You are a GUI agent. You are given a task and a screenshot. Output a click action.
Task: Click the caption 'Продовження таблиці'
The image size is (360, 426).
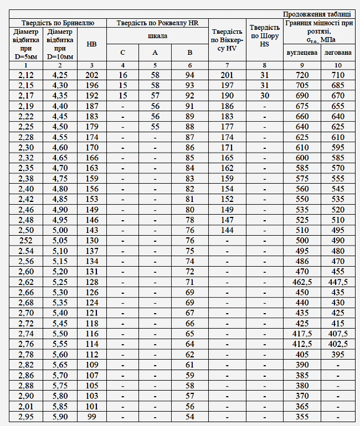point(316,14)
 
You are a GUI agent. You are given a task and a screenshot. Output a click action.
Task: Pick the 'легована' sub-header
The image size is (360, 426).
point(338,53)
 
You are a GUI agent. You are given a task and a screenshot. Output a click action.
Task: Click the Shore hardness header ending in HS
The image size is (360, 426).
point(265,35)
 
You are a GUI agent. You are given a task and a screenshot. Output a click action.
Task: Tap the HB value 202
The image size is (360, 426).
point(92,75)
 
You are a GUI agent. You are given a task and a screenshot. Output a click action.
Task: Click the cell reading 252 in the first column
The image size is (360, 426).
point(25,240)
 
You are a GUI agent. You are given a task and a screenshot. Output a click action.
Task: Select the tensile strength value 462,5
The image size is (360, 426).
point(302,282)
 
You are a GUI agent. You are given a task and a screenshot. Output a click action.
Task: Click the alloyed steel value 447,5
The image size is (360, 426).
point(338,282)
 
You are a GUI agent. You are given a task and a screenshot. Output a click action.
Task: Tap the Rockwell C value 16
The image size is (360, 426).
point(123,75)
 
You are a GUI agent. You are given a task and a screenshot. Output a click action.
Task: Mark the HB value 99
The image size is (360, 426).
point(92,417)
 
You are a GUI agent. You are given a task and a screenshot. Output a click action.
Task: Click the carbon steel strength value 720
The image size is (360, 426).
point(302,75)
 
